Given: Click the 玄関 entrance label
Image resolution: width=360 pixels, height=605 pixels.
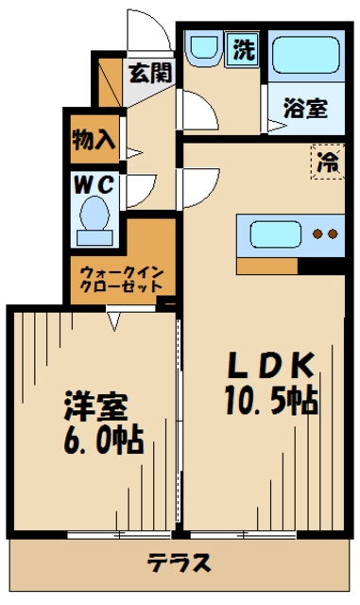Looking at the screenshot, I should click(151, 71).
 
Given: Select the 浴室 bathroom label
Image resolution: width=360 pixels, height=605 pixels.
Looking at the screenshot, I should click(305, 109).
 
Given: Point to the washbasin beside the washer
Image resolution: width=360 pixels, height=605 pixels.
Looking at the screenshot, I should click(202, 48).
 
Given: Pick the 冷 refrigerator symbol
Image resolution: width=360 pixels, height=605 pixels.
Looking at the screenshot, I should click(326, 162).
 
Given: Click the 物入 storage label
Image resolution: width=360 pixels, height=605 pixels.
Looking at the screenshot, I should click(93, 139).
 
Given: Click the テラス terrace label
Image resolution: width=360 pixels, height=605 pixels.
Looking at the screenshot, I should click(179, 564).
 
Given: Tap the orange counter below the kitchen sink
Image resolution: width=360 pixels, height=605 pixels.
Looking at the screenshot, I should click(267, 266).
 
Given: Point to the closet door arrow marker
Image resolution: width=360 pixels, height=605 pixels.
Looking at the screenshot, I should click(112, 321).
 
